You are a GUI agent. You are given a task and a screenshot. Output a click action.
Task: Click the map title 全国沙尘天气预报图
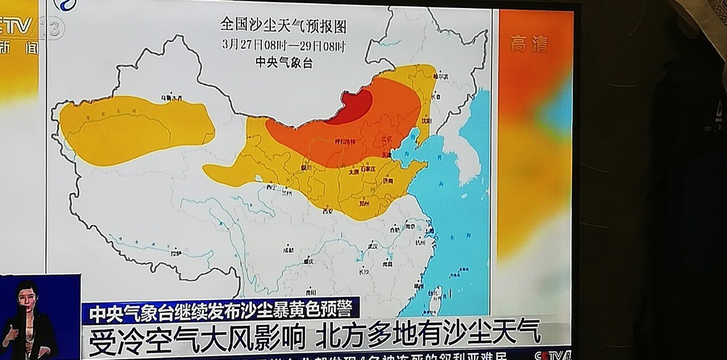click(x=283, y=26)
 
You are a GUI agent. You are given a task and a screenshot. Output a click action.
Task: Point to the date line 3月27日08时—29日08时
click(x=283, y=45)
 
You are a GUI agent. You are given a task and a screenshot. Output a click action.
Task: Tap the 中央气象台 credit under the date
click(x=283, y=62)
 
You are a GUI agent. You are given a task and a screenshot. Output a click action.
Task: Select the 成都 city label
click(x=289, y=249)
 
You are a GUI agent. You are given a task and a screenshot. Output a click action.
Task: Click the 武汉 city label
click(x=373, y=245)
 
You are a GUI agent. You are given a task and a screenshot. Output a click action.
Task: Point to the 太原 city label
click(x=353, y=171)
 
